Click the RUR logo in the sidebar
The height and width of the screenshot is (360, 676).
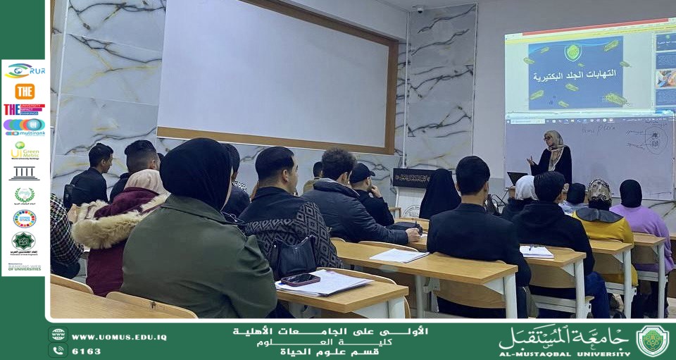click(x=25, y=70)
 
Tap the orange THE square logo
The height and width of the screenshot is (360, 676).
click(x=25, y=91)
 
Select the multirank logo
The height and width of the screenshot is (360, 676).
click(x=25, y=126)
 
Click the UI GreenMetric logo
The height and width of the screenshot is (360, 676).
click(x=25, y=149)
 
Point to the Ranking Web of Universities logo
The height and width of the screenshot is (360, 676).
click(x=25, y=267)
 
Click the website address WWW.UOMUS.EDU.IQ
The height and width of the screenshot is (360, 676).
click(x=119, y=337)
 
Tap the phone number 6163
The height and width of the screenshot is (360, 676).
click(x=86, y=351)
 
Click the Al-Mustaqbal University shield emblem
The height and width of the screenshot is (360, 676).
click(x=652, y=341)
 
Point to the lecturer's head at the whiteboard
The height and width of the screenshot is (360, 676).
click(x=553, y=139)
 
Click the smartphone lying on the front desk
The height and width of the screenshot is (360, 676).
click(x=300, y=279)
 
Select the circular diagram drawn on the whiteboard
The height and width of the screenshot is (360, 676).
click(x=656, y=139)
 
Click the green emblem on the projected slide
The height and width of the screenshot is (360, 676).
click(x=573, y=52)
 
